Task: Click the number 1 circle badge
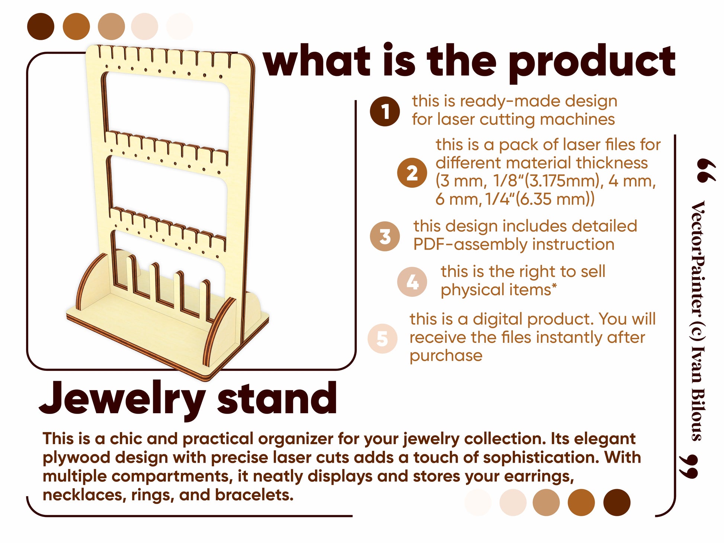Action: pyautogui.click(x=385, y=111)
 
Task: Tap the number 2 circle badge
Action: pyautogui.click(x=412, y=173)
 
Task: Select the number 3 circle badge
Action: pyautogui.click(x=385, y=236)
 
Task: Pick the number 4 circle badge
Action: pyautogui.click(x=412, y=282)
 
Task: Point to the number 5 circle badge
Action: pyautogui.click(x=382, y=338)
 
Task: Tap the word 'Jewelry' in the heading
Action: pyautogui.click(x=122, y=400)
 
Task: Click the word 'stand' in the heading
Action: pyautogui.click(x=277, y=398)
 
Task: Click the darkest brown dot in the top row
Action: pyautogui.click(x=41, y=26)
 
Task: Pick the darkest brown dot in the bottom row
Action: pyautogui.click(x=616, y=502)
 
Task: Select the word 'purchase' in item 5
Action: pyautogui.click(x=446, y=356)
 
